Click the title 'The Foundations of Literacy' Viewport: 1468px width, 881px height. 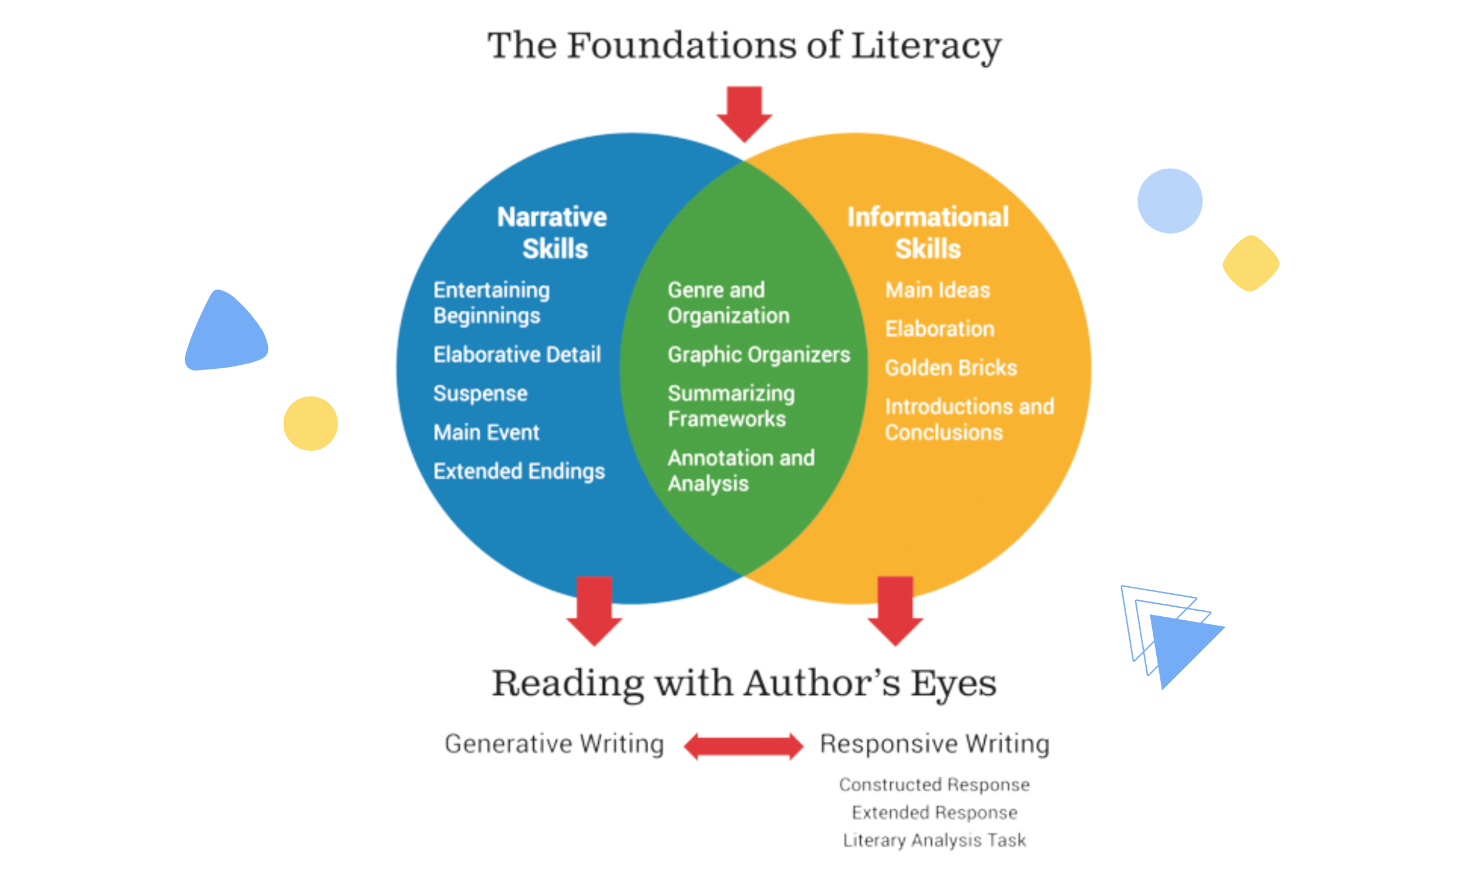[x=745, y=46]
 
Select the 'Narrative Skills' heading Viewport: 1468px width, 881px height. [x=553, y=232]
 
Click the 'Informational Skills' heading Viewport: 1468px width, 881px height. [x=927, y=232]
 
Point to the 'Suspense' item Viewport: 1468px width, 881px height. [x=480, y=393]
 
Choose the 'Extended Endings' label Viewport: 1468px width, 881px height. [x=518, y=471]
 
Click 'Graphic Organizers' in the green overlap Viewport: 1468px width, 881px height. [x=758, y=354]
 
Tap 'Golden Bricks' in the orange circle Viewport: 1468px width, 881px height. [x=951, y=368]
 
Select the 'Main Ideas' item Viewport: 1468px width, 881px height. [x=938, y=290]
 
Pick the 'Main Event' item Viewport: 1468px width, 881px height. [x=486, y=432]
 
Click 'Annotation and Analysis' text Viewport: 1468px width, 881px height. [x=740, y=470]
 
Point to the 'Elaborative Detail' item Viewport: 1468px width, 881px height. [x=517, y=354]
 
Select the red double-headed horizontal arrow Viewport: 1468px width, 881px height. [x=743, y=747]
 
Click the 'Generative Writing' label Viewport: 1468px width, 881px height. [x=554, y=744]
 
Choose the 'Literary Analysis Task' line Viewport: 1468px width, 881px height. [x=934, y=839]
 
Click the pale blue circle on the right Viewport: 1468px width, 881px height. [x=1170, y=201]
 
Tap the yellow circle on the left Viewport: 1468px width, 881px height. [x=310, y=423]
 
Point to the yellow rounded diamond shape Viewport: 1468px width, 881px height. [x=1250, y=263]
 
